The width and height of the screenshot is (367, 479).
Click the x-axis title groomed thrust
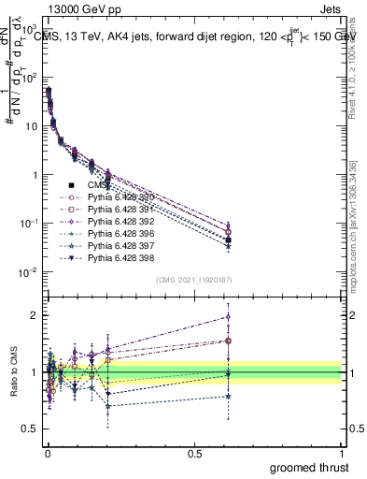tap(309, 466)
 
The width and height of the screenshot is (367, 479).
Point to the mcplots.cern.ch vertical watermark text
tap(353, 234)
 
